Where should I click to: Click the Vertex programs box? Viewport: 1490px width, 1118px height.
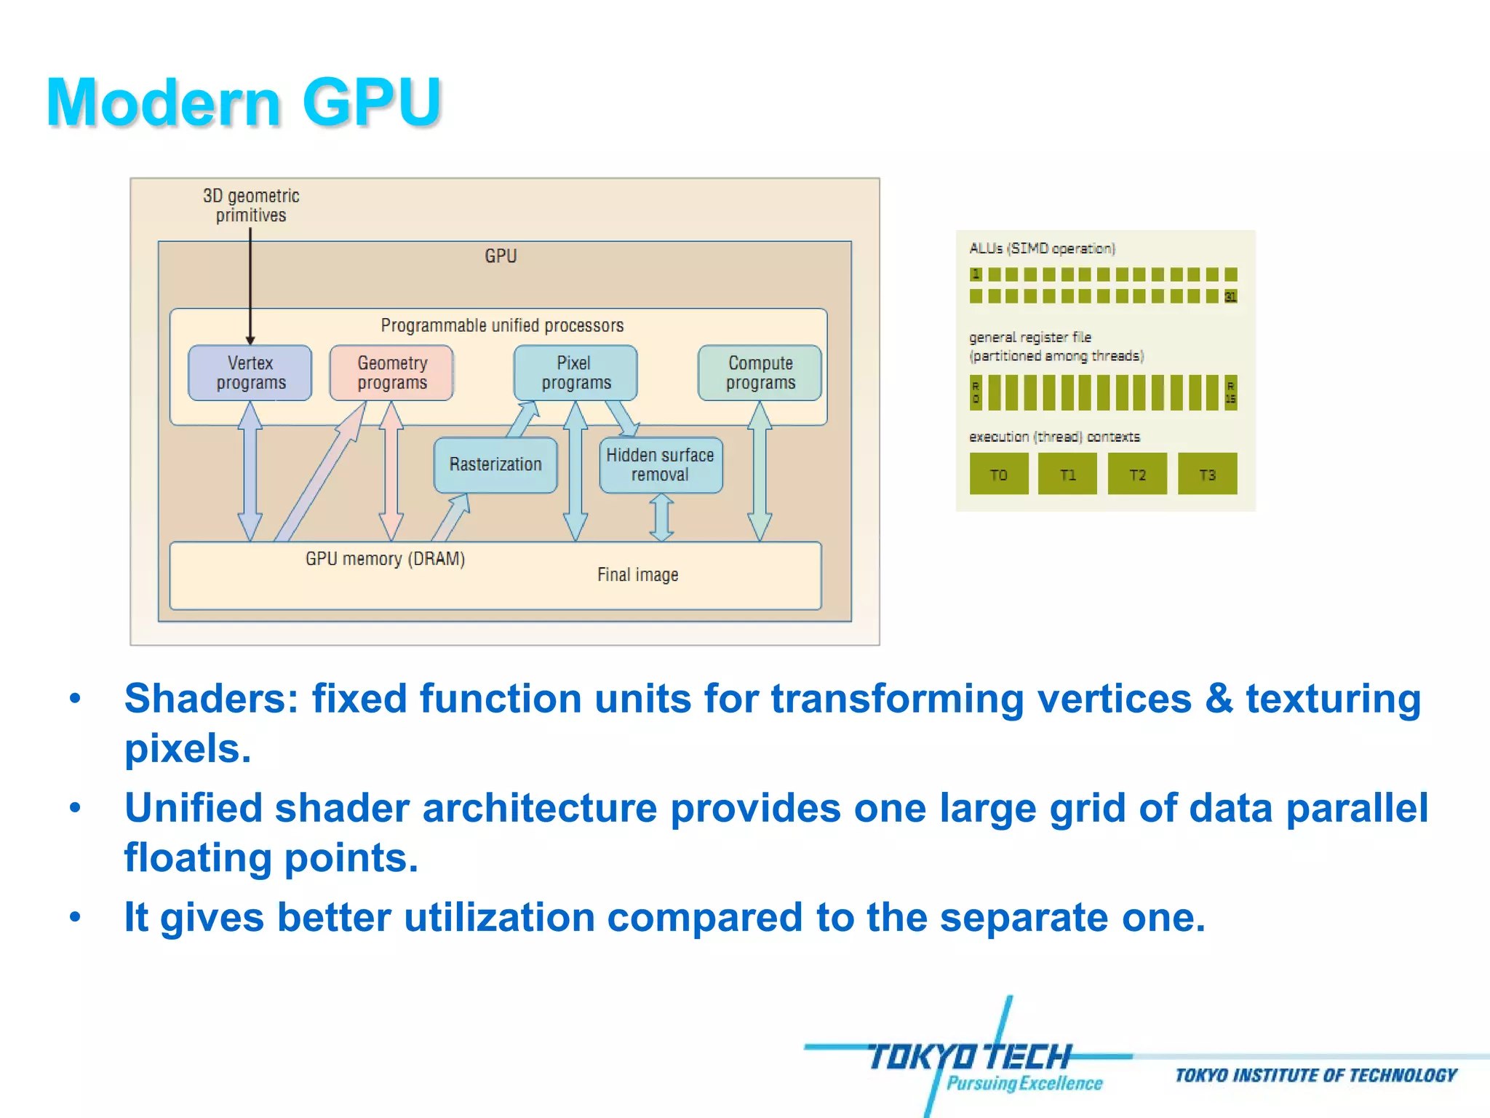(250, 373)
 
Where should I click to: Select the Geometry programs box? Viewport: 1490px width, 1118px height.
(391, 373)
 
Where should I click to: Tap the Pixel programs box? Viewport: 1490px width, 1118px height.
(575, 373)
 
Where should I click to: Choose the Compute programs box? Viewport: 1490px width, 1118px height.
(760, 373)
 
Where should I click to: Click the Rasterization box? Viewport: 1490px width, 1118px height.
(495, 464)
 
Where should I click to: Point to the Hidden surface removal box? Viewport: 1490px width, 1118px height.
(661, 464)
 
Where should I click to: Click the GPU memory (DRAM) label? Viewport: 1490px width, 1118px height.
(385, 559)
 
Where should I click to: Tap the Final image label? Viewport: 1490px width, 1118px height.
(637, 575)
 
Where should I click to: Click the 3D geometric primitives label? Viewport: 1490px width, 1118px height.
(251, 205)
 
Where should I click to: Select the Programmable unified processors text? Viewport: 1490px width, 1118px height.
(502, 325)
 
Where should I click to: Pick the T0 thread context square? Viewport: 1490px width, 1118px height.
(999, 474)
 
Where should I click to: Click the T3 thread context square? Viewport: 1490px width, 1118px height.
(1207, 474)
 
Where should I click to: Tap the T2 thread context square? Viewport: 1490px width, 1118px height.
(1137, 474)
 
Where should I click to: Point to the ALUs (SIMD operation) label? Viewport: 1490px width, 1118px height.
(1042, 248)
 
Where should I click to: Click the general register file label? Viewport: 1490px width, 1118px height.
(1030, 338)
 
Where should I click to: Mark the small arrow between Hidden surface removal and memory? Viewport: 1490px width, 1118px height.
(661, 518)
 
